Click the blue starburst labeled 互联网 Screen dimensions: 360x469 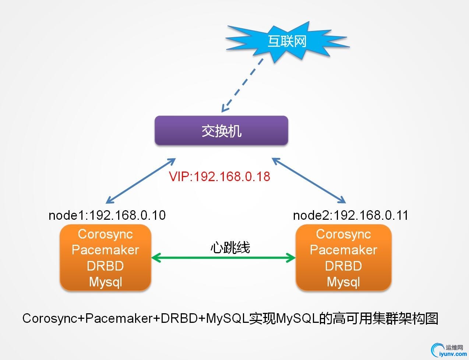[287, 40]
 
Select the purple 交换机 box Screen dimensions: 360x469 [221, 131]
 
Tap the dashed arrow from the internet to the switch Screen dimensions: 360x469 [243, 85]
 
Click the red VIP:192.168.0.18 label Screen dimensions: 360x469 [219, 177]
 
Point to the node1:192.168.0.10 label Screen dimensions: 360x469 [107, 215]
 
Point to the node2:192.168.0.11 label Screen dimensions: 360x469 [350, 215]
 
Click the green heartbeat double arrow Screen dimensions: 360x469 [223, 258]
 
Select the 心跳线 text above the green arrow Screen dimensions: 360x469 [230, 247]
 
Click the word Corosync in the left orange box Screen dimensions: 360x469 [105, 234]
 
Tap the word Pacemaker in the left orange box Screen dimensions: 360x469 [105, 250]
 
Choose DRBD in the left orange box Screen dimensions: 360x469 [105, 266]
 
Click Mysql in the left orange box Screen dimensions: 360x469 [105, 282]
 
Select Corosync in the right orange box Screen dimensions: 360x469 [343, 234]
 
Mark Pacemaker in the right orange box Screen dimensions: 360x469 [343, 250]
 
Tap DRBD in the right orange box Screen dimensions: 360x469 [343, 266]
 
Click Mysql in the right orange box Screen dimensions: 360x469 [343, 282]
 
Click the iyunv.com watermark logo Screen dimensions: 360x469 [449, 350]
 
